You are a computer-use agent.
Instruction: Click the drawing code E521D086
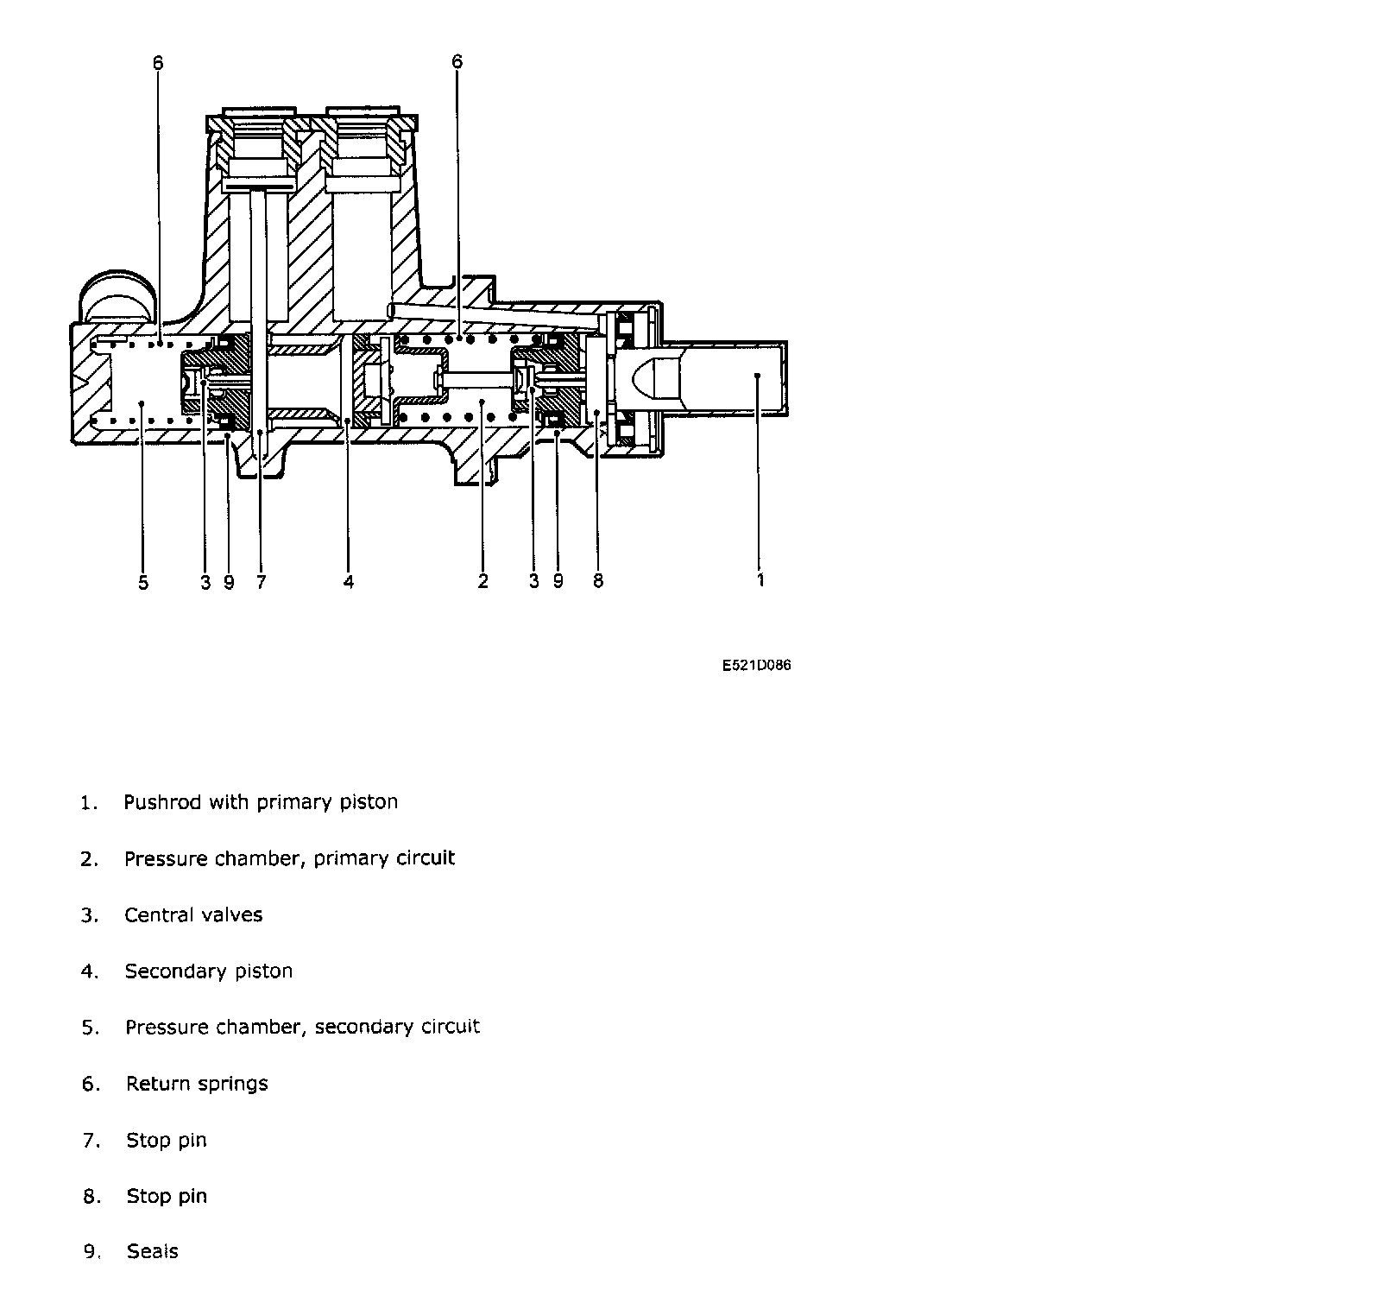point(756,666)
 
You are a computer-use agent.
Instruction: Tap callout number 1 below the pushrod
point(760,580)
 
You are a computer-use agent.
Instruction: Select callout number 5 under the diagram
point(143,583)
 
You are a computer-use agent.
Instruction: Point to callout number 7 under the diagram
point(261,583)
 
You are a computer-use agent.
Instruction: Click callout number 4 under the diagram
point(349,583)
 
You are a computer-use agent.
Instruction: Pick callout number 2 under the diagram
point(482,582)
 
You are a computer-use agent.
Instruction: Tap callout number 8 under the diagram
point(598,581)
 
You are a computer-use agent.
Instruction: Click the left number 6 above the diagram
point(157,63)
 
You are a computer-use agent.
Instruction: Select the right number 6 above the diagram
point(457,61)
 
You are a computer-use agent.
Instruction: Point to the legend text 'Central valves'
point(193,915)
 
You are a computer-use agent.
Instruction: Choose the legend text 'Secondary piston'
point(209,971)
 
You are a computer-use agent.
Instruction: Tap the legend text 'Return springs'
point(197,1084)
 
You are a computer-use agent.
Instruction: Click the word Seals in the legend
point(153,1251)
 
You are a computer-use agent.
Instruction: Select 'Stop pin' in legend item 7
point(167,1141)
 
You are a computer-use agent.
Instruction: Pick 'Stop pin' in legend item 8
point(167,1197)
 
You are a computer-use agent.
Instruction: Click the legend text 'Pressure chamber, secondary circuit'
point(302,1028)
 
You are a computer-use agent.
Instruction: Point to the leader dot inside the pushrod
point(756,375)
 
